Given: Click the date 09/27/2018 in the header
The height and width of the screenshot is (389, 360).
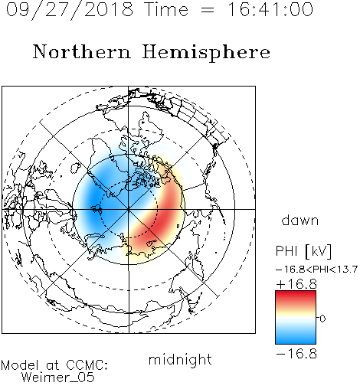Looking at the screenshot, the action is pyautogui.click(x=70, y=10).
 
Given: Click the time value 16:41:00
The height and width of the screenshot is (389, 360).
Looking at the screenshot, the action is pyautogui.click(x=270, y=10).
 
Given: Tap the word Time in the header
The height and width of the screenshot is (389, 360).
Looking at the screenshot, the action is pyautogui.click(x=166, y=10).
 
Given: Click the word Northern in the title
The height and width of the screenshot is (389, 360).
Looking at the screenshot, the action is pyautogui.click(x=82, y=51).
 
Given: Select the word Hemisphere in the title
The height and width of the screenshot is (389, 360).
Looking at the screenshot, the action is pyautogui.click(x=206, y=53).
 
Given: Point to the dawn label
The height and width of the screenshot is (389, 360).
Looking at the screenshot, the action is pyautogui.click(x=300, y=221).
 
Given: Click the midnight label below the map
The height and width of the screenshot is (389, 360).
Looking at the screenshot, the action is pyautogui.click(x=180, y=359).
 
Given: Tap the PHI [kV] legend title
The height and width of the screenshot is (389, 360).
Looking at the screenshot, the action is pyautogui.click(x=303, y=251).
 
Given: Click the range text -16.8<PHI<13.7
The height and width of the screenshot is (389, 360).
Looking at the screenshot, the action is pyautogui.click(x=316, y=270).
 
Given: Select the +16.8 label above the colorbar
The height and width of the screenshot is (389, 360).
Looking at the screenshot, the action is pyautogui.click(x=296, y=284).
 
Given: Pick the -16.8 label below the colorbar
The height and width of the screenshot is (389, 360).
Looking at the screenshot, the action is pyautogui.click(x=296, y=354).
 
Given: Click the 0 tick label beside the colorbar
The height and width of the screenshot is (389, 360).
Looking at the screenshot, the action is pyautogui.click(x=322, y=319).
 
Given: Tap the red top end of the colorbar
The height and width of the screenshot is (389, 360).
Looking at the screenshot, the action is pyautogui.click(x=296, y=293).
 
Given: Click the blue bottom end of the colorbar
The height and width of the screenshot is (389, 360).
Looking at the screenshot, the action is pyautogui.click(x=296, y=341).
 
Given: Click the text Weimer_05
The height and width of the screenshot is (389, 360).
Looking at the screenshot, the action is pyautogui.click(x=58, y=378).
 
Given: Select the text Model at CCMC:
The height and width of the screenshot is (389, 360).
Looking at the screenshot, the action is pyautogui.click(x=54, y=365).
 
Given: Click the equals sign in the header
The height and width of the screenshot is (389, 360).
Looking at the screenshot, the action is pyautogui.click(x=208, y=10).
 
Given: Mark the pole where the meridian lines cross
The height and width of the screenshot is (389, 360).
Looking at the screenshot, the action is pyautogui.click(x=129, y=209).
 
